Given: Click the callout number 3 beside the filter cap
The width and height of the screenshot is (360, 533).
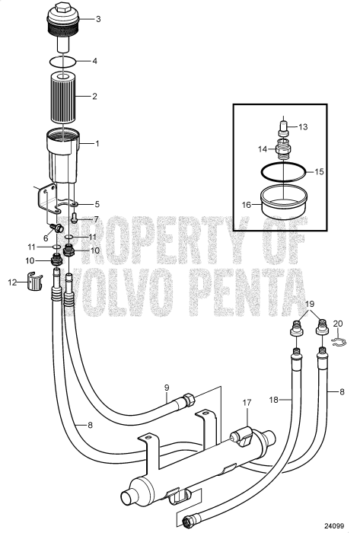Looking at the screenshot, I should tap(97, 18).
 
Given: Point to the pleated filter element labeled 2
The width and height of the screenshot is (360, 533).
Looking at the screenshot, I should tap(64, 97).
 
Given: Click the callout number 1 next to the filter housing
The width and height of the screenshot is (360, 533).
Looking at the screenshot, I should tap(97, 142).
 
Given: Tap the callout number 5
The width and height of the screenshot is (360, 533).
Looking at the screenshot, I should tap(97, 204).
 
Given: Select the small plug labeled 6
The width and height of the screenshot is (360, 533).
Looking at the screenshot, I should tap(56, 228).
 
